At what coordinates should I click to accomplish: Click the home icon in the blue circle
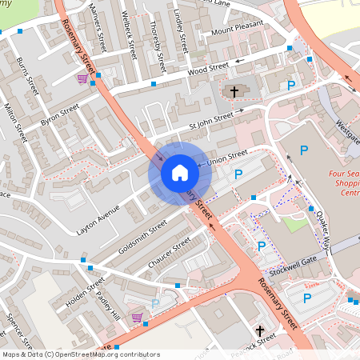click(180, 173)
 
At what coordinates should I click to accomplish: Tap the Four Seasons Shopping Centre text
click(344, 183)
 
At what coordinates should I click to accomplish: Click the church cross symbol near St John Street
click(234, 92)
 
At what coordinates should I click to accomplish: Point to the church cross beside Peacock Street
click(259, 330)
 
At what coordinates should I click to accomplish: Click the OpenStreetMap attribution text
click(81, 354)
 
